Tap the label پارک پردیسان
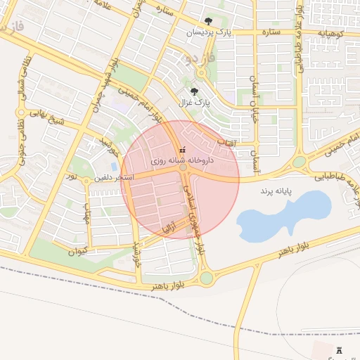pyautogui.click(x=208, y=32)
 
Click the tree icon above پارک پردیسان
pyautogui.click(x=207, y=22)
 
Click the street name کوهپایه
pyautogui.click(x=330, y=32)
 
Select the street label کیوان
pyautogui.click(x=78, y=250)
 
